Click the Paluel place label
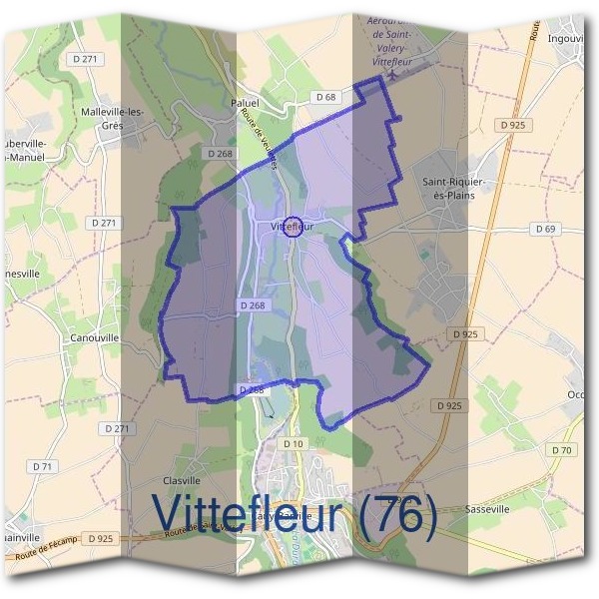pos(245,102)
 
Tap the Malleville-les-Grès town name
pos(115,118)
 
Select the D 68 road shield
pos(325,97)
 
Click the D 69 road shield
pos(545,229)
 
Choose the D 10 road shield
pos(293,443)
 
